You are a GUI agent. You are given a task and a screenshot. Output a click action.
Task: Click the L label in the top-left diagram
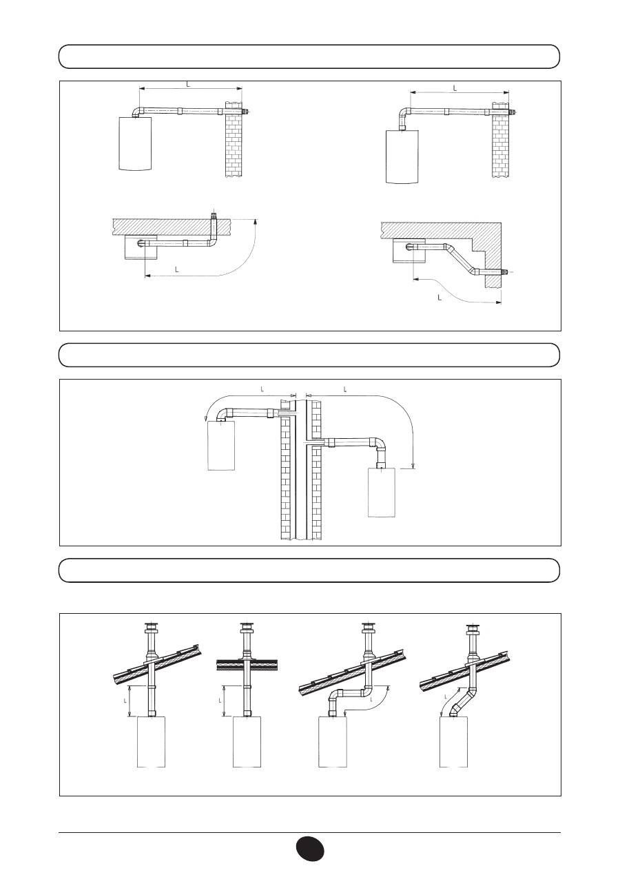coord(188,84)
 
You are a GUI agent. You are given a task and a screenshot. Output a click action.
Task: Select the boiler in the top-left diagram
coord(135,144)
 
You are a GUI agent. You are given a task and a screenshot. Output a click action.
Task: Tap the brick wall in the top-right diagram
coord(501,141)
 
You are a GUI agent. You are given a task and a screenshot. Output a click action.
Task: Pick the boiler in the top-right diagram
coord(402,156)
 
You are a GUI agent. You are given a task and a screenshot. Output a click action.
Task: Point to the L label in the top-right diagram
coord(455,88)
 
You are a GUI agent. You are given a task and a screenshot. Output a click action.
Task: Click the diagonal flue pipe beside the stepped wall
coord(461,258)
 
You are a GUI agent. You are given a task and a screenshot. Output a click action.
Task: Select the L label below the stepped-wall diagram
coord(440,298)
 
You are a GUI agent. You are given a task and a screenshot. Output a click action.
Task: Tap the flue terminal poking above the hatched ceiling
coord(214,216)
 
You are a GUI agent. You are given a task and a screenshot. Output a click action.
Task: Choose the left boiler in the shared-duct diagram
coord(221,445)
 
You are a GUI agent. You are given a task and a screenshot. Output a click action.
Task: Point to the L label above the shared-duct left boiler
coord(262,389)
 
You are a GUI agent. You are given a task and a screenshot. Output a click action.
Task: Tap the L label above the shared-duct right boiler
coord(345,389)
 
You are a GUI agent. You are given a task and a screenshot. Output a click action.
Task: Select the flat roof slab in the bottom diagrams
coord(247,666)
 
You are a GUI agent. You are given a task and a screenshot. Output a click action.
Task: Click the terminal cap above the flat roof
coord(247,628)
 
